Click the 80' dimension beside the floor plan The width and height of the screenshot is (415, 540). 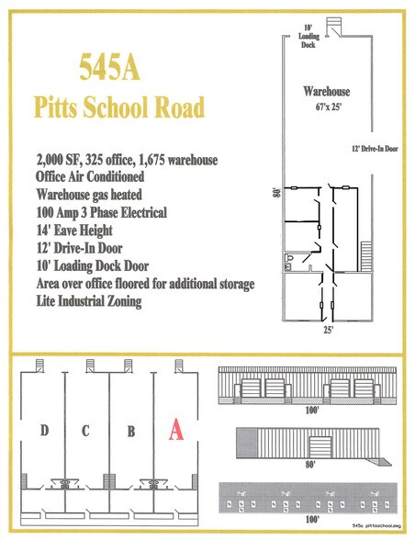tap(275, 194)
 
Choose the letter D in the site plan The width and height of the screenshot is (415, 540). tap(45, 430)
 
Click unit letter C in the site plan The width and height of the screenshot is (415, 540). tap(85, 430)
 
